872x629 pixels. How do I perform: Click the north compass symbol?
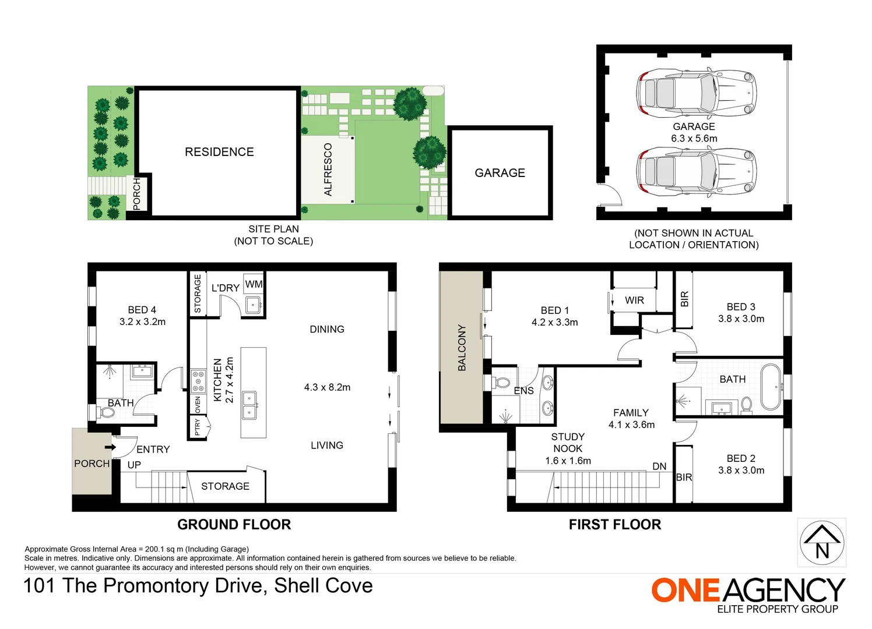click(x=821, y=542)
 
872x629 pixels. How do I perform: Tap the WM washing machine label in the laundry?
click(x=254, y=284)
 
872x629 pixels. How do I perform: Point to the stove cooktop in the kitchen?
click(x=198, y=381)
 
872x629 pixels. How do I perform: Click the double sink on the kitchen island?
click(x=249, y=405)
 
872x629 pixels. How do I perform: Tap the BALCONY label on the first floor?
click(x=462, y=348)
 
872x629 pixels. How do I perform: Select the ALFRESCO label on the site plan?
click(x=328, y=169)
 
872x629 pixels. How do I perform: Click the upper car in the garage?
click(x=696, y=93)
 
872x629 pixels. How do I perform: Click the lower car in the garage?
click(x=696, y=172)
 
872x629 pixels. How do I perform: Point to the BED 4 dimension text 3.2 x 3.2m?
click(x=142, y=321)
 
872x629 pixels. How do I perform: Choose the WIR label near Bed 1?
click(x=634, y=301)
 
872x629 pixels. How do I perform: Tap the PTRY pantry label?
click(x=198, y=427)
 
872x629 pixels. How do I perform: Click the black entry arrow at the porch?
click(x=109, y=447)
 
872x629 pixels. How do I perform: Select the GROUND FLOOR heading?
click(x=234, y=525)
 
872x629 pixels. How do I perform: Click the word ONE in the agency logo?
click(x=685, y=591)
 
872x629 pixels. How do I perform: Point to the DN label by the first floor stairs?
click(x=659, y=467)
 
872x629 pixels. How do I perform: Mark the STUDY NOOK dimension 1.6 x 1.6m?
click(x=568, y=461)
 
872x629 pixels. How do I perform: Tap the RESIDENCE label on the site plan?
click(x=219, y=152)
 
